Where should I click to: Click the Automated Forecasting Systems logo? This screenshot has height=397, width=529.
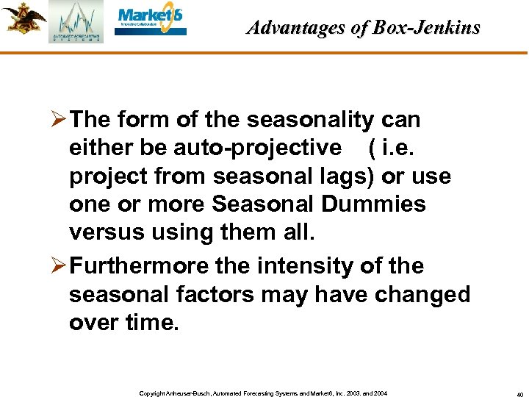(x=76, y=22)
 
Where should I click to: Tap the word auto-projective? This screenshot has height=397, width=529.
(x=257, y=148)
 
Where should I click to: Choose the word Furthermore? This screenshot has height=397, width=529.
(x=151, y=266)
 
